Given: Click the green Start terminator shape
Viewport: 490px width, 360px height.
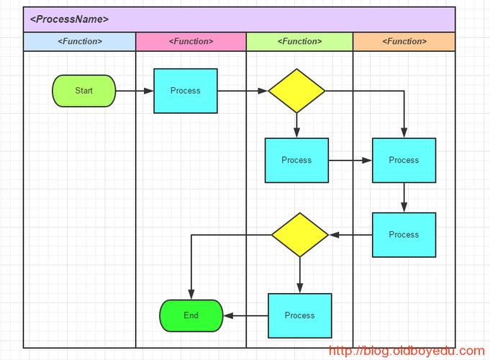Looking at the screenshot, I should (x=84, y=91).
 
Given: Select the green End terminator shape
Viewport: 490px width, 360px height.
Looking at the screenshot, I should (x=191, y=315).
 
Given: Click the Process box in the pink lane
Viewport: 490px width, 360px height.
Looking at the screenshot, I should (x=186, y=91).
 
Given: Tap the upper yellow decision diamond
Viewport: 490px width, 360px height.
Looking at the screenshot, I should (x=296, y=91).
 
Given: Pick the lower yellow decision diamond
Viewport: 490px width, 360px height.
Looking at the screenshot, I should (x=300, y=235).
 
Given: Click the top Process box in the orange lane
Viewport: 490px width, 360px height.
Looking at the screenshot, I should (x=404, y=160).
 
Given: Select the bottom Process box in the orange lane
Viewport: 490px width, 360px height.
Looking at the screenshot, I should (x=404, y=235).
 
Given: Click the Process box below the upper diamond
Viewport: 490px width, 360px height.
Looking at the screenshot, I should (x=296, y=160).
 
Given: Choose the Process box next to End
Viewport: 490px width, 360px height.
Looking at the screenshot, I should (x=300, y=315).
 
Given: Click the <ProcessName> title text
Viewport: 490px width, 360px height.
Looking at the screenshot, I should (x=69, y=19).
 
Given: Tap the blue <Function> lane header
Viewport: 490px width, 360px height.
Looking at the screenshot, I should (x=80, y=42).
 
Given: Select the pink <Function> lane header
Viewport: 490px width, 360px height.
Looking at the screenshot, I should (x=191, y=42).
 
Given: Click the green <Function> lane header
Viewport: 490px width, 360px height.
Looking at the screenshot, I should (x=299, y=42).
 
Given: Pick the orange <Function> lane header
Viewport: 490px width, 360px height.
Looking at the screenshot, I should (x=404, y=42).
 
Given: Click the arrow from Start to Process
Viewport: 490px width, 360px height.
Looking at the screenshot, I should (x=135, y=91).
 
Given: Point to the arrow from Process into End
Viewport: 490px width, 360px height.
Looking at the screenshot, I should (x=245, y=315).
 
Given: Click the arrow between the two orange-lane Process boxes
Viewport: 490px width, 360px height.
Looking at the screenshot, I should (x=404, y=197).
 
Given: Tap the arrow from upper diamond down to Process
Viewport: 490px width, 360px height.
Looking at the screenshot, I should (x=296, y=125).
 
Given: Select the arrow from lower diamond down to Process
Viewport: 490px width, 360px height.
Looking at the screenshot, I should (x=300, y=275).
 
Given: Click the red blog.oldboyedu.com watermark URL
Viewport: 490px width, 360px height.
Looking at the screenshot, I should (x=407, y=351).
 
